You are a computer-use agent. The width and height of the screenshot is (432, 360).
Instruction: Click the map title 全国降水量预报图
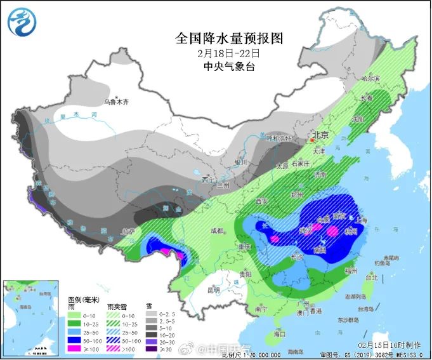(x=215, y=37)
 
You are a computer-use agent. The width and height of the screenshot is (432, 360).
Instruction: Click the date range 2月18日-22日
(x=215, y=52)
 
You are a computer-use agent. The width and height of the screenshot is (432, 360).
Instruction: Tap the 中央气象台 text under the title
(x=215, y=66)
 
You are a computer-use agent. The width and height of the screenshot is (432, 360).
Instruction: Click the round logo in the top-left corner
(x=22, y=21)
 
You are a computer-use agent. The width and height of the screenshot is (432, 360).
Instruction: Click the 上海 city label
(x=363, y=220)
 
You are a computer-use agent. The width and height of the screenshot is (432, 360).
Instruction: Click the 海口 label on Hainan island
(x=278, y=333)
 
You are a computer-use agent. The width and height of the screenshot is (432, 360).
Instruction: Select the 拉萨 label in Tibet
(x=129, y=230)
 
